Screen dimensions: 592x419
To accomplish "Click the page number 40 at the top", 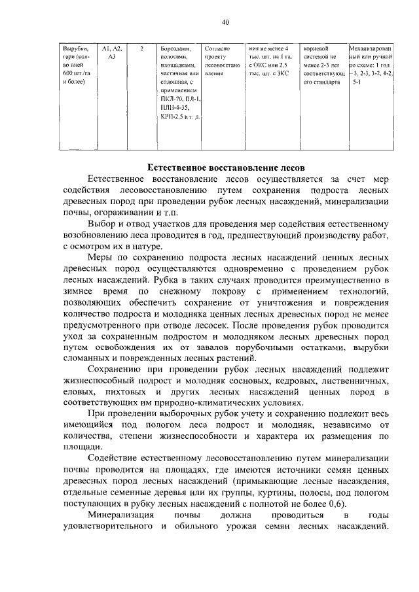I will (x=225, y=22).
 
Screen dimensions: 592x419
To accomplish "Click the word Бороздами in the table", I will (x=175, y=48).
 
